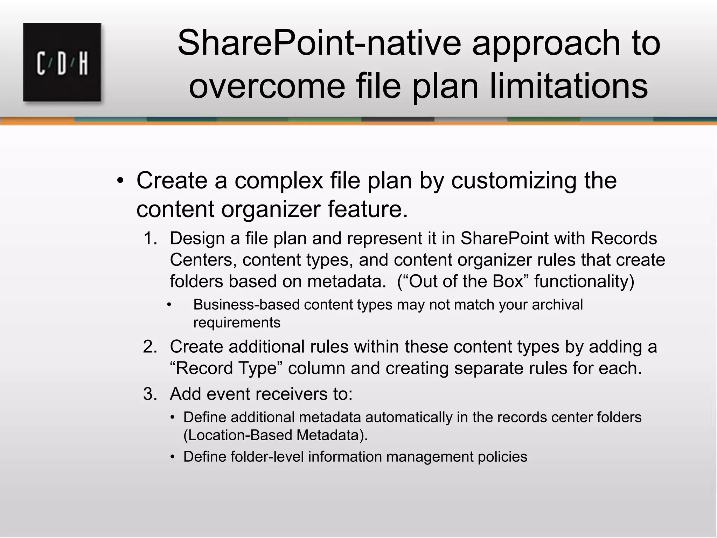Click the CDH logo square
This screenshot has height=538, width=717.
62,62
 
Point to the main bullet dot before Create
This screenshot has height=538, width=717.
120,181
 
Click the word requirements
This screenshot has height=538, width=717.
237,323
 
